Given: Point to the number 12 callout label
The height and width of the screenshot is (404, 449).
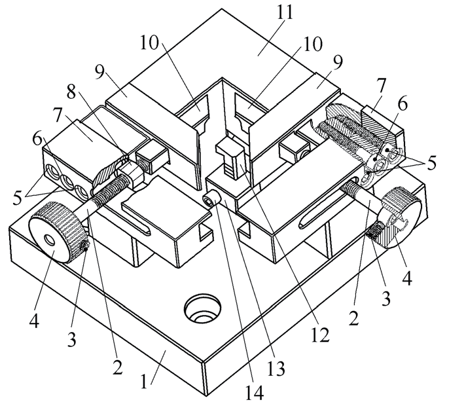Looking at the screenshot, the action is tap(321, 334).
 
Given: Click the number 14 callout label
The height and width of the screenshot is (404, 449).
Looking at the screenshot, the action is tap(254, 392).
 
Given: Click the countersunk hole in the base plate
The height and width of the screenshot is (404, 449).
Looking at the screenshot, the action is tap(203, 310).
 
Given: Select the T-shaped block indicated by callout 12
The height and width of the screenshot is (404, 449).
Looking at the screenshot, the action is tap(230, 159).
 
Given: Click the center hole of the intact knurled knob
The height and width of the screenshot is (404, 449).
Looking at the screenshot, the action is tap(50, 240).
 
